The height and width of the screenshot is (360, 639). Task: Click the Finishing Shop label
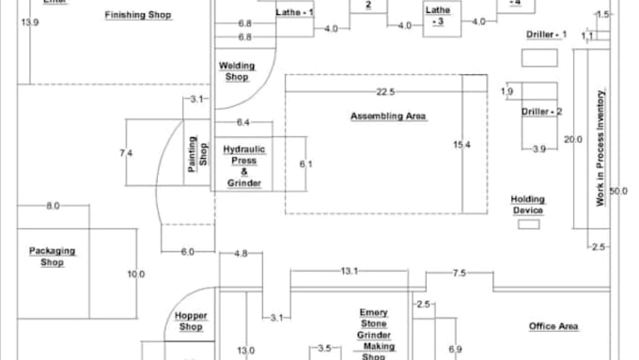point(138,15)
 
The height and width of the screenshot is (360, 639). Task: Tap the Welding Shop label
point(237,71)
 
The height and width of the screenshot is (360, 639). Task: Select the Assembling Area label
point(388,117)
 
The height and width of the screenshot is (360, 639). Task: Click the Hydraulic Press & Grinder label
point(244,165)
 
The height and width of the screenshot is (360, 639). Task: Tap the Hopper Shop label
point(191,321)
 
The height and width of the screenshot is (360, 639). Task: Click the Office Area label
point(553,326)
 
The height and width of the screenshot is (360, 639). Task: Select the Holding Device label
point(527,205)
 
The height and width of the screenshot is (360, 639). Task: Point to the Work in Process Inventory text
point(600,149)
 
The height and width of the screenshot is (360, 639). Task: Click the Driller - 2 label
point(542,112)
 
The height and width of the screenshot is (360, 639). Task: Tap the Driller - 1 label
point(546,34)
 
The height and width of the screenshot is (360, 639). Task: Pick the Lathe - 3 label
point(438,15)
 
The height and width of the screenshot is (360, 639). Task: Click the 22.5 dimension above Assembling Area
point(384,91)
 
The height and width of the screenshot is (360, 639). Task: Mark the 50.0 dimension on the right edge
point(618,192)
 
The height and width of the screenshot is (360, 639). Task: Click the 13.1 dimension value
point(350,272)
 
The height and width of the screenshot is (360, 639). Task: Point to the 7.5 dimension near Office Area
point(459,273)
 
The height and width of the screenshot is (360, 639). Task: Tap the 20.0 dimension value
point(573,140)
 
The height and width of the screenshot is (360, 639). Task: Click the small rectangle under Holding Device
point(527,224)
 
